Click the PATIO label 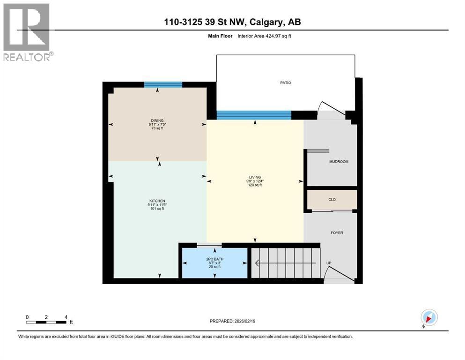pos(285,83)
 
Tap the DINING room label pos(157,120)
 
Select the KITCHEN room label pos(157,201)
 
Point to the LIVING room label pos(255,177)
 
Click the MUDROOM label pos(339,162)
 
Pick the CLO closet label pos(332,200)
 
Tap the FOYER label pos(337,233)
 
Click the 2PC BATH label pos(215,259)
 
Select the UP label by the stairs pos(329,263)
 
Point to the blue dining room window pos(163,84)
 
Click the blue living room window pos(254,115)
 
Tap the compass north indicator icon pos(429,318)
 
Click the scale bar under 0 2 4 pos(46,322)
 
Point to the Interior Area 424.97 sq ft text pos(264,36)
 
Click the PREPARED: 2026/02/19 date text pos(232,321)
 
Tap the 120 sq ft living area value pos(255,185)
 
